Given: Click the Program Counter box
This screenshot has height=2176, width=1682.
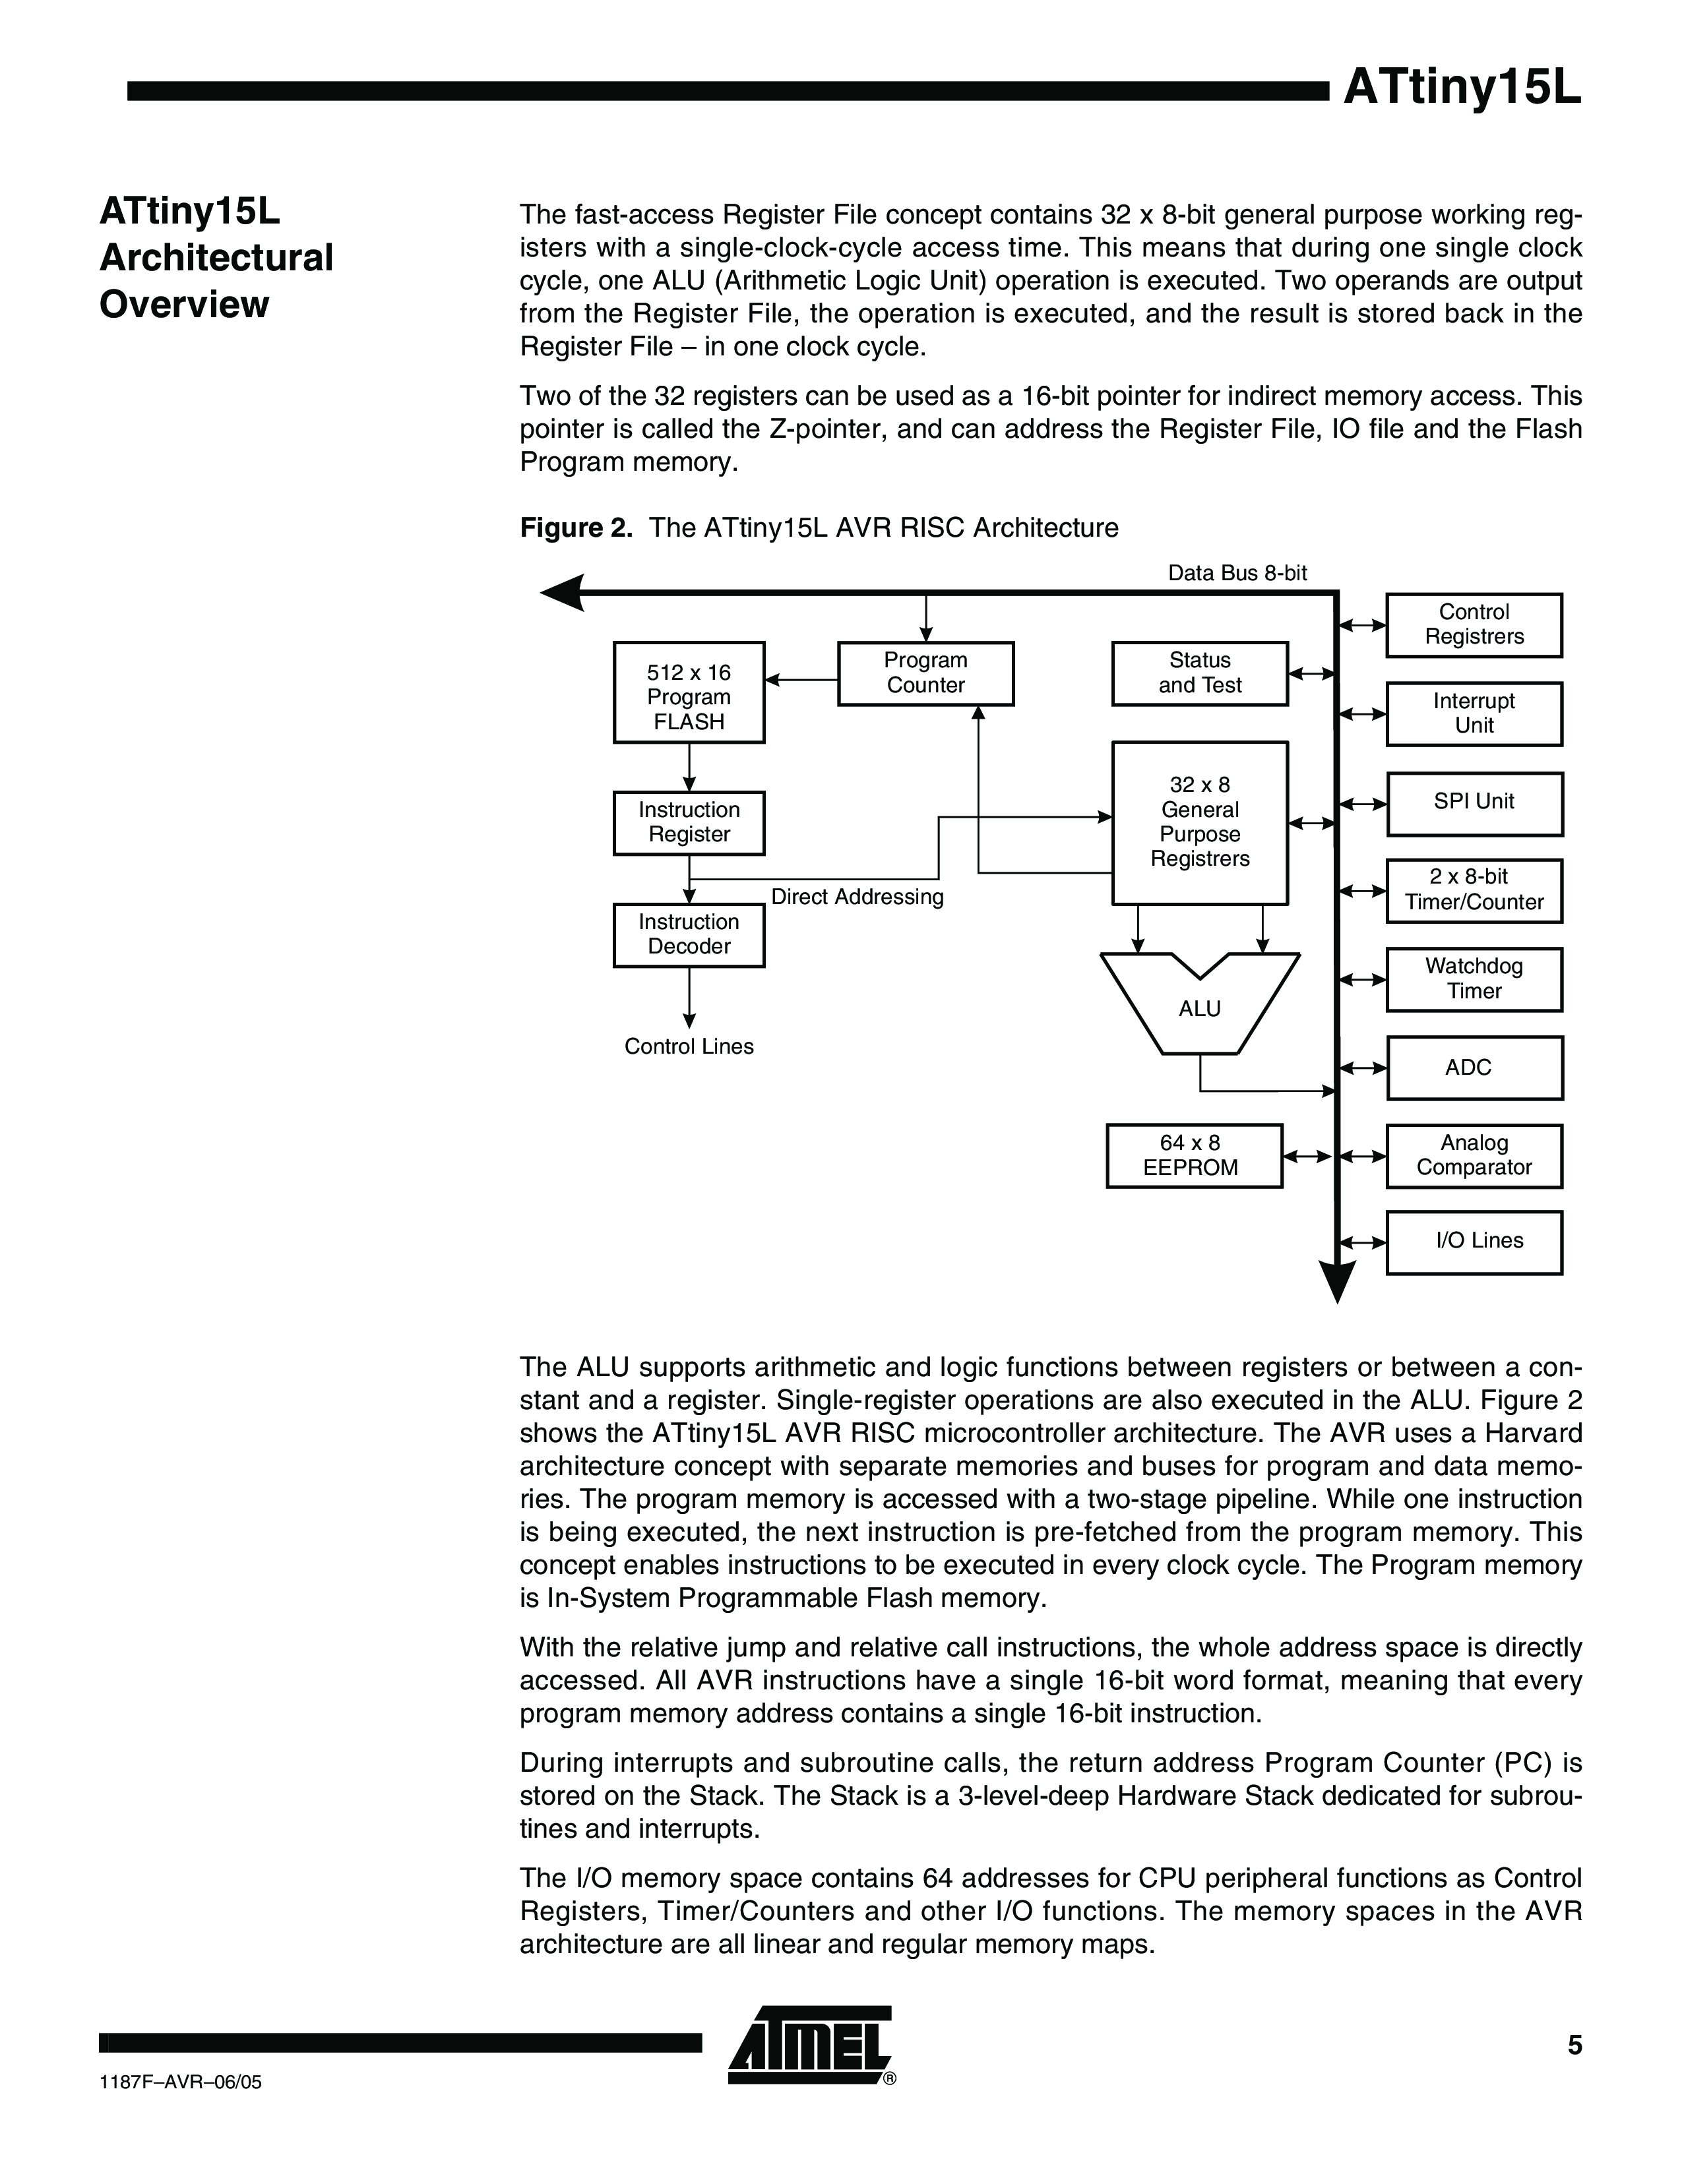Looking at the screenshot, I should [x=925, y=673].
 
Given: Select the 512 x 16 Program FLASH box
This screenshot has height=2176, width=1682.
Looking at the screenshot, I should [x=689, y=692].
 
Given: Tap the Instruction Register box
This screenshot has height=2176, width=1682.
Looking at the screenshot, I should [x=689, y=823].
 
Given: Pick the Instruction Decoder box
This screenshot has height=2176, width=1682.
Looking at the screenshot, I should [x=689, y=934].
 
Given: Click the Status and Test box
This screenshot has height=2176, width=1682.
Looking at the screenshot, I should [x=1200, y=673].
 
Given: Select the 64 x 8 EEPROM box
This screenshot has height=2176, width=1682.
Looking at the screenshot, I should [x=1194, y=1156].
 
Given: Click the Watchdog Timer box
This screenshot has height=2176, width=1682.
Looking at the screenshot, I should [x=1474, y=979].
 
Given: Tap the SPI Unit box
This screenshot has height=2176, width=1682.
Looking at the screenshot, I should [x=1474, y=803].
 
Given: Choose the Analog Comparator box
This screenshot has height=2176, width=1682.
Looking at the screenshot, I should [x=1474, y=1156].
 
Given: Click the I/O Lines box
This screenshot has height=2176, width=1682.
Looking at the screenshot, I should [x=1474, y=1242].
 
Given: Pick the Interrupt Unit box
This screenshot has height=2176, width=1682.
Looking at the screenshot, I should [x=1474, y=713].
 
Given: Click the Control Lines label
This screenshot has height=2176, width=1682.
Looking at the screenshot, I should [x=689, y=1046].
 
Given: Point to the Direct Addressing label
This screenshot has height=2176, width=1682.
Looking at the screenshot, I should [x=857, y=897].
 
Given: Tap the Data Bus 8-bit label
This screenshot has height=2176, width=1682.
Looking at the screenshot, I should [x=1237, y=573].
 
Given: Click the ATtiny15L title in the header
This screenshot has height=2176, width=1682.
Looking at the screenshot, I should [x=1462, y=90].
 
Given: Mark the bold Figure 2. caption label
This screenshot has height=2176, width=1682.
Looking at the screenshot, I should [x=576, y=528].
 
